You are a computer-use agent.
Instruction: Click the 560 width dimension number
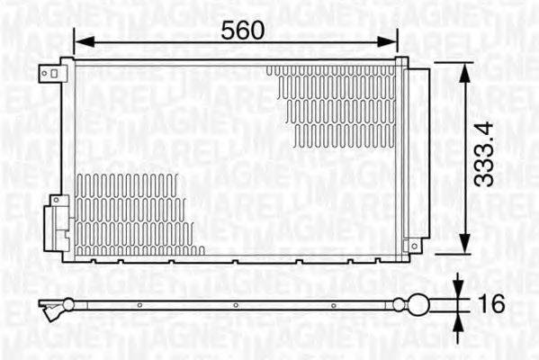coord(243,30)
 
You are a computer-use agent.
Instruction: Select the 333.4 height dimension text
coord(486,155)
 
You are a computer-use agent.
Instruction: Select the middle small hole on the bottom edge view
coord(236,305)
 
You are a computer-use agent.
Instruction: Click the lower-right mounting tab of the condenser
coord(415,246)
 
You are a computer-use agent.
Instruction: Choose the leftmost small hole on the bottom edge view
coord(139,305)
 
